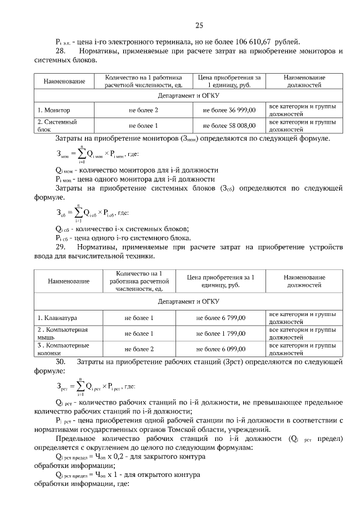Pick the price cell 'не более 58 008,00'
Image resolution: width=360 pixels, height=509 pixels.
click(229, 125)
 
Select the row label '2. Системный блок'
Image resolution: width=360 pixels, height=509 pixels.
click(57, 125)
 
